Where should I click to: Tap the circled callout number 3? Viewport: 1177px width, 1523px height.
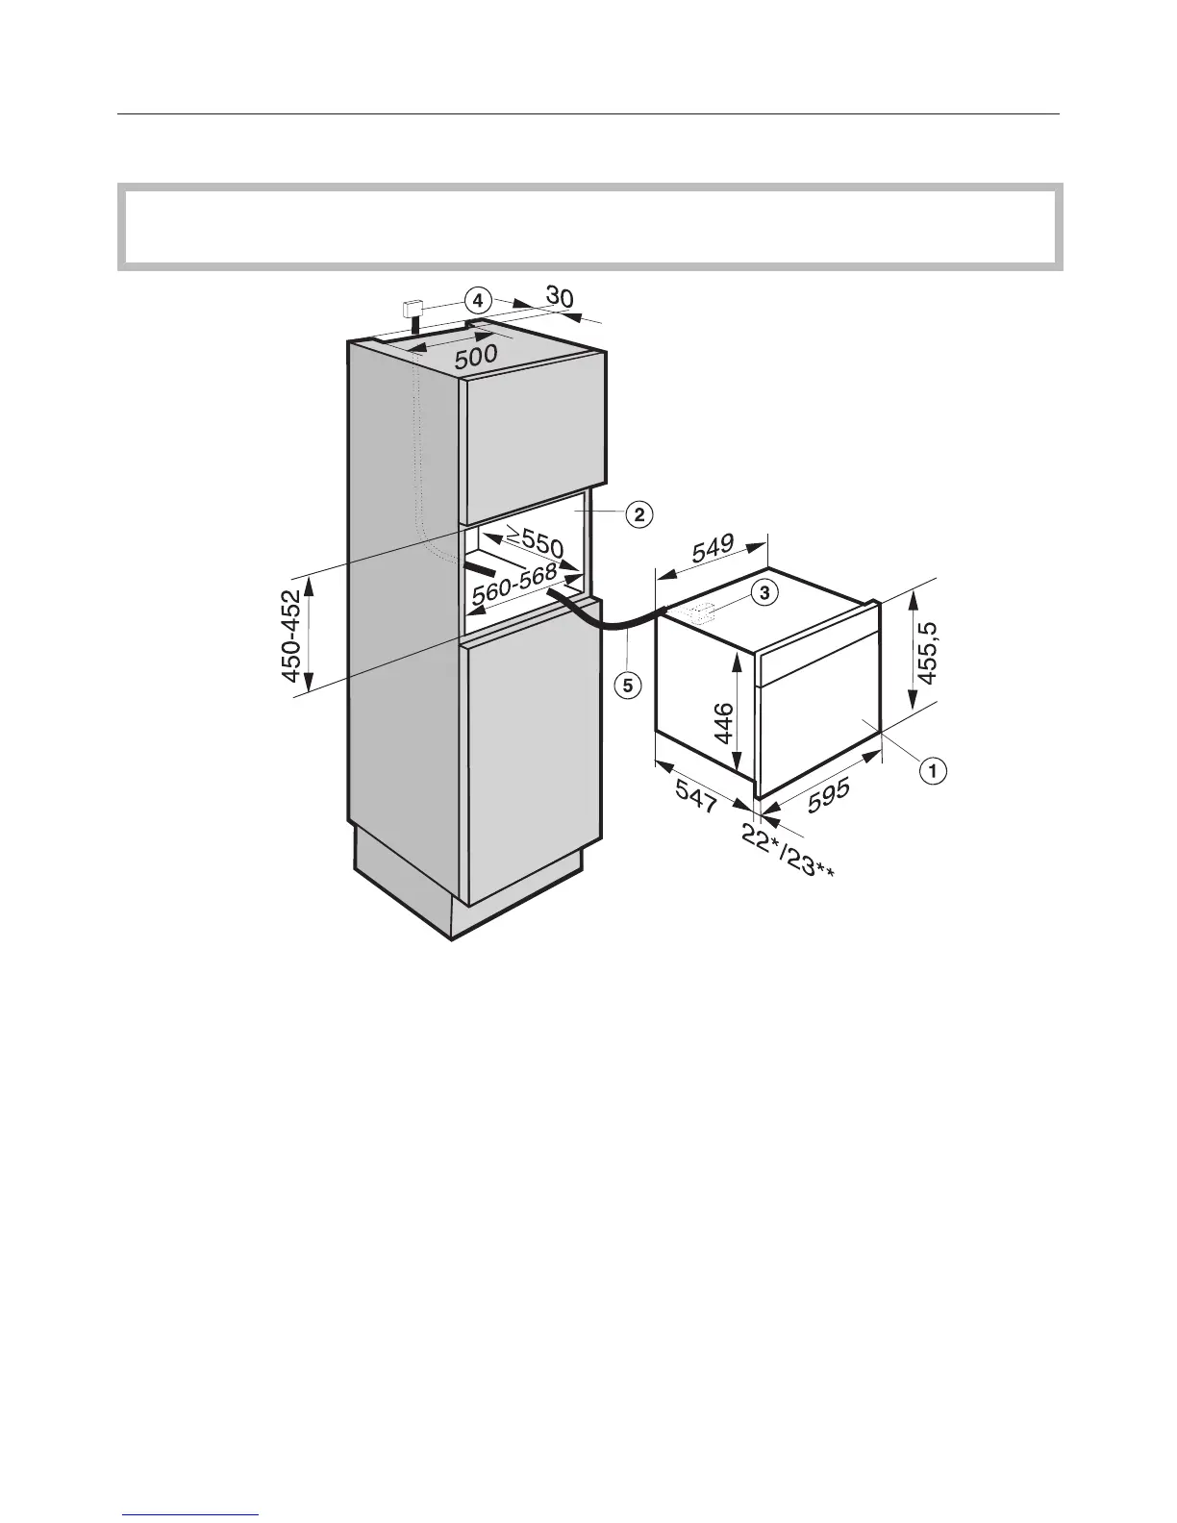tap(763, 593)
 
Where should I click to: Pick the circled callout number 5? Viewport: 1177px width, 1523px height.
tap(627, 685)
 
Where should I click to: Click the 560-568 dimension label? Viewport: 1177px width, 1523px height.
tap(513, 587)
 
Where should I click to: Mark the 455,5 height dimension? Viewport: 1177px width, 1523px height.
tap(927, 652)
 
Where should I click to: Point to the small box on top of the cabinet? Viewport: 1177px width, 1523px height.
tap(414, 309)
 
